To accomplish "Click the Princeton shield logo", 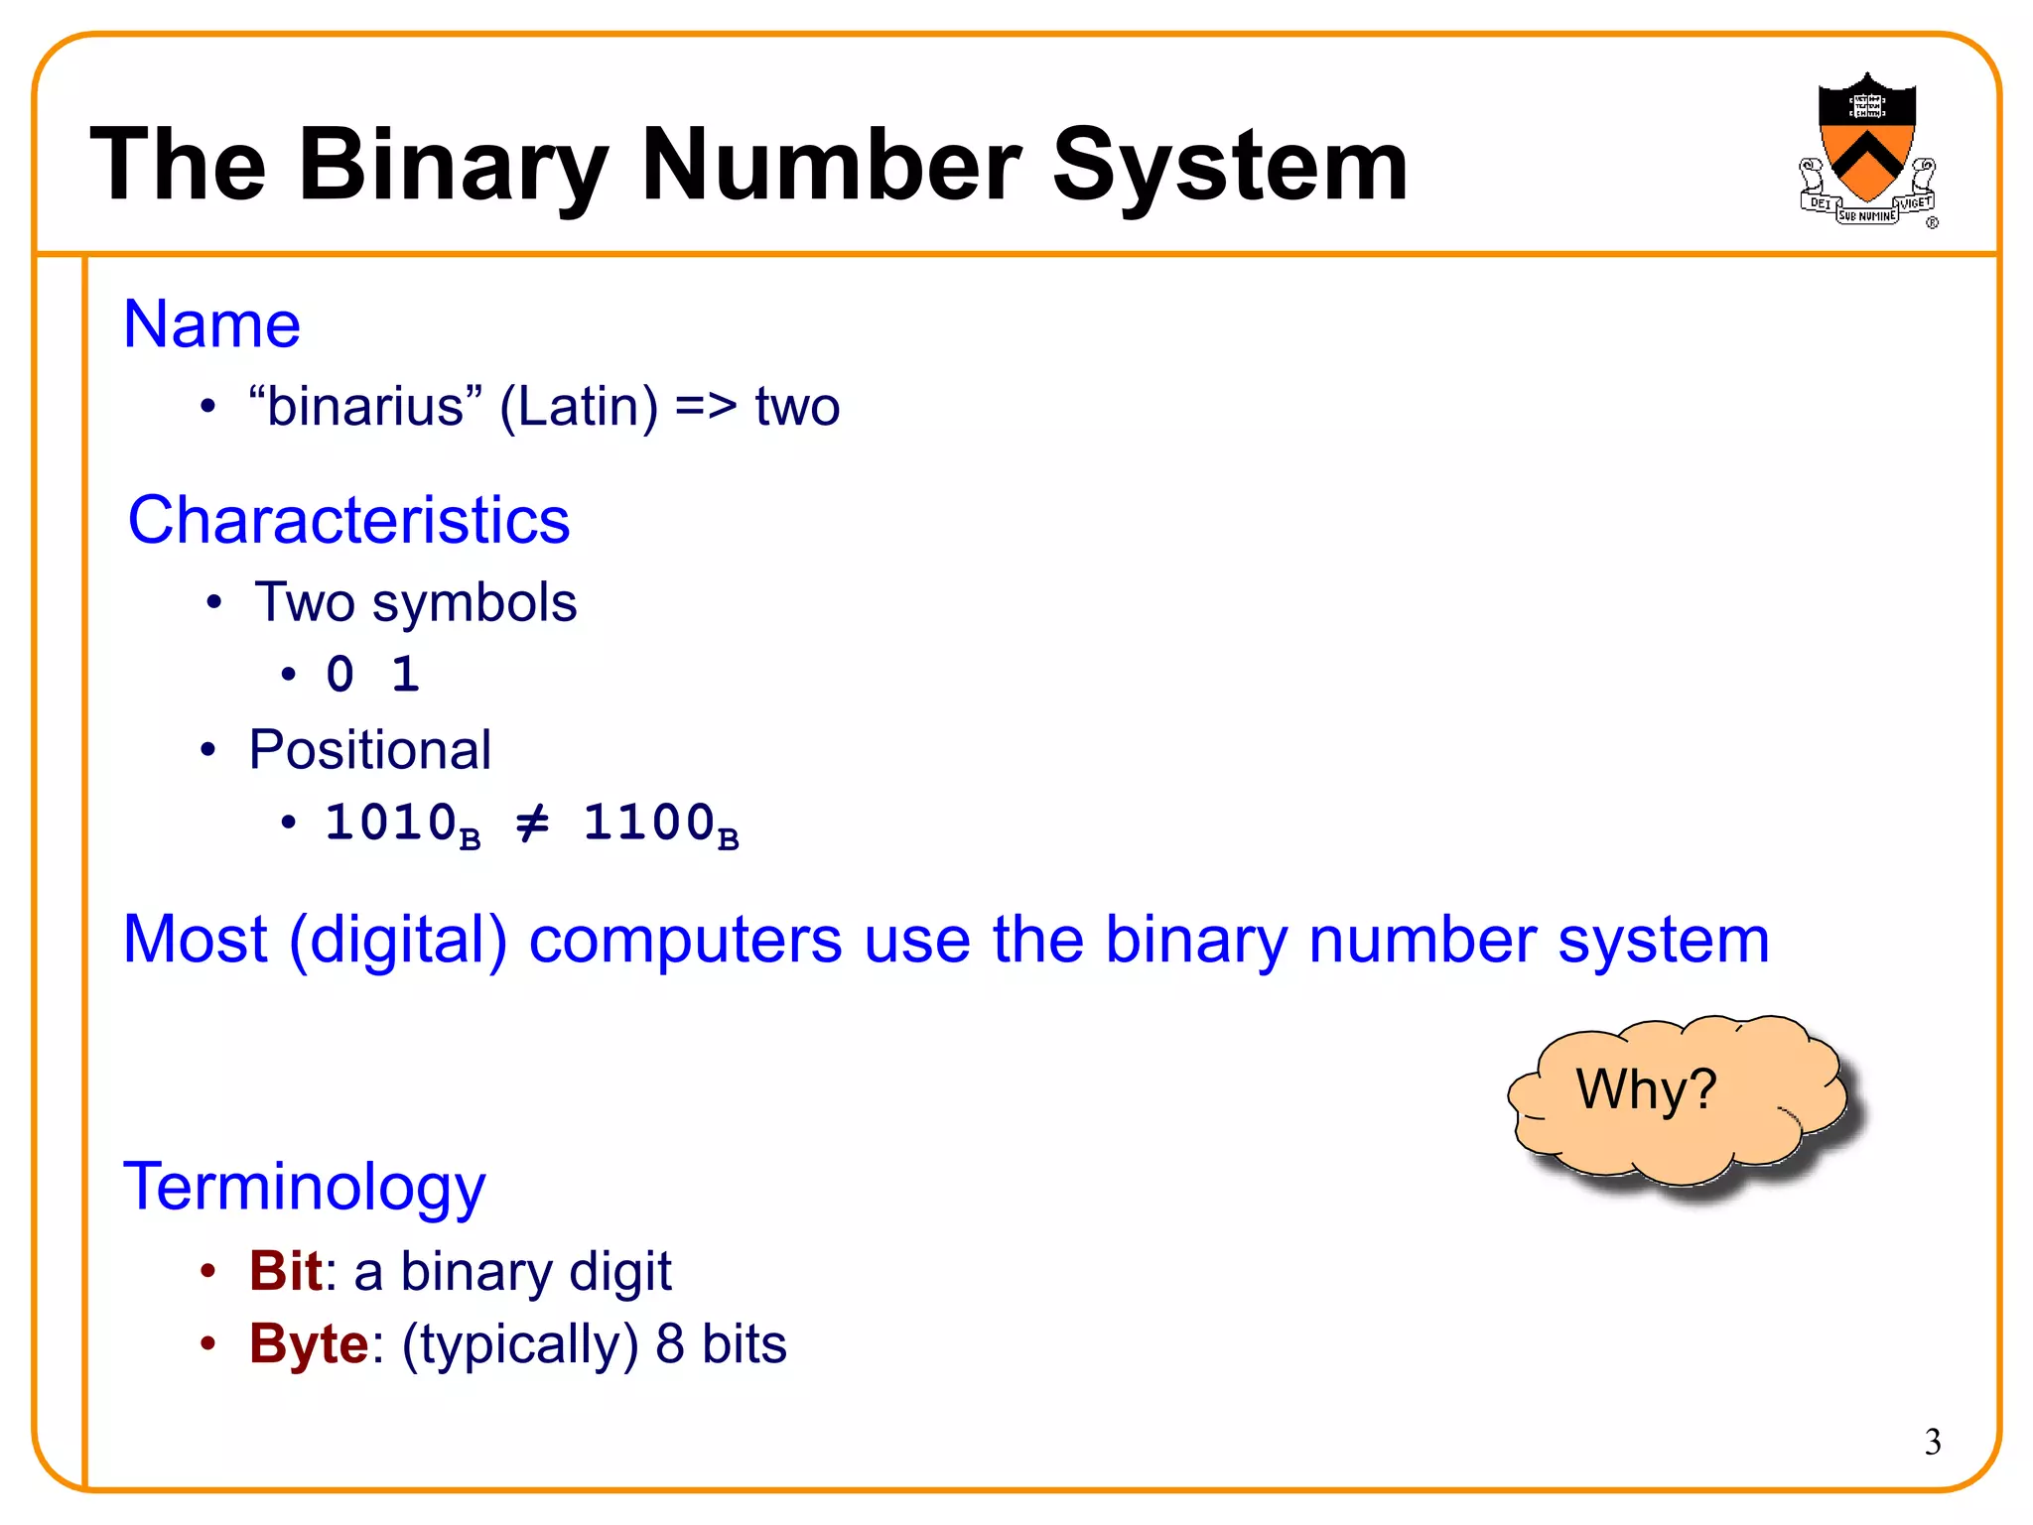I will click(1866, 149).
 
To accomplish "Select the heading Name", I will click(211, 324).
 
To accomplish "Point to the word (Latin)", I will click(579, 407).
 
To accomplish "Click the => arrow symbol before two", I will click(706, 407).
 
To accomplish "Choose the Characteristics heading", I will click(348, 520).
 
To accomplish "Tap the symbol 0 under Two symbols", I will click(340, 675).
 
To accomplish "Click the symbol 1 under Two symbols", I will click(405, 675).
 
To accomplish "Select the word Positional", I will click(369, 749).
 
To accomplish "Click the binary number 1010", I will click(391, 823).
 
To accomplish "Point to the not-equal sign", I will click(533, 823).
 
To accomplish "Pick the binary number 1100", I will click(649, 823).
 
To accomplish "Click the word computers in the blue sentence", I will click(685, 940).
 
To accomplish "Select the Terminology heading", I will click(304, 1187).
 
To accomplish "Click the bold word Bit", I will click(285, 1271).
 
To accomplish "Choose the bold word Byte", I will click(309, 1344).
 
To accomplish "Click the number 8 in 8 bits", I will click(670, 1344).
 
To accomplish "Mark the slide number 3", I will click(1932, 1442).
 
